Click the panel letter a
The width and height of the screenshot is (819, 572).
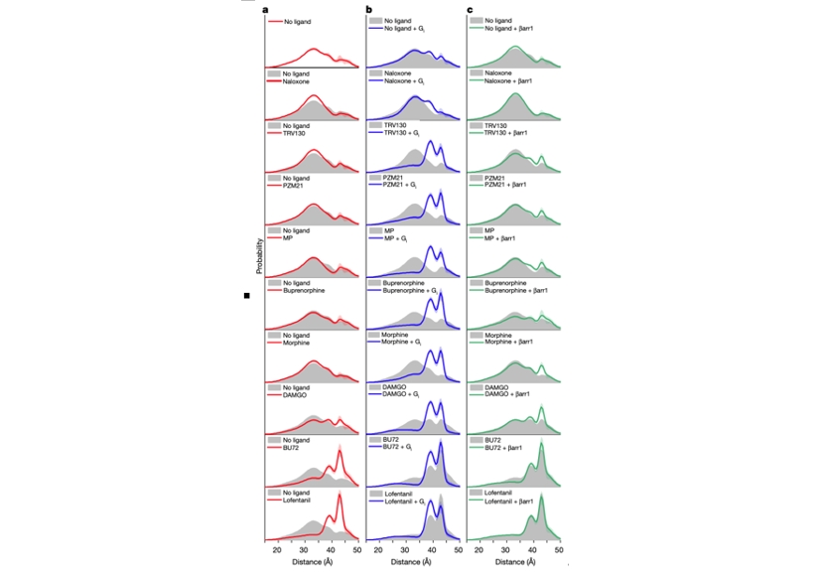pos(266,9)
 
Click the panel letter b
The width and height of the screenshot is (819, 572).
pos(369,9)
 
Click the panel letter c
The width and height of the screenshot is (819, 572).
pos(472,9)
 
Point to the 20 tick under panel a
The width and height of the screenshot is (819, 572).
pos(278,549)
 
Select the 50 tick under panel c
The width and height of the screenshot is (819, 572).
pos(559,549)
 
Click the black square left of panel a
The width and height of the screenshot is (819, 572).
pos(247,296)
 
